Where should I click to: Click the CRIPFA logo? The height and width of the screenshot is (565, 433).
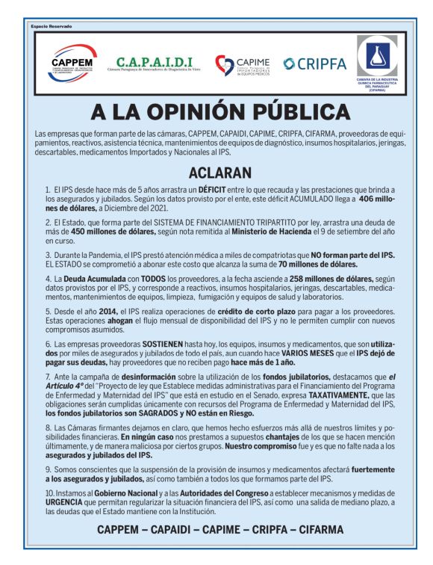[x=314, y=64]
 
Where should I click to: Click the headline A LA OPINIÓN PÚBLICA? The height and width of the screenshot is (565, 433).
[x=216, y=112]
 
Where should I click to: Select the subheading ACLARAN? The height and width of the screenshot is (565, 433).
[x=216, y=173]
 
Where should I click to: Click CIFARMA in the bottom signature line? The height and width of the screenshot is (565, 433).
[x=316, y=530]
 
